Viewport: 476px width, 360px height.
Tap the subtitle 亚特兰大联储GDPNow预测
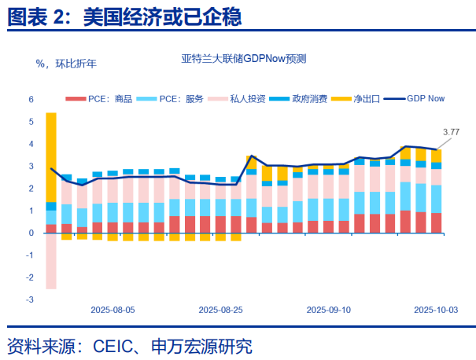click(243, 60)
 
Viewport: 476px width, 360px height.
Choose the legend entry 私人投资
click(248, 99)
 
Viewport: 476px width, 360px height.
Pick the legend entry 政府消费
click(309, 99)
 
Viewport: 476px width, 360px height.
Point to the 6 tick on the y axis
click(31, 100)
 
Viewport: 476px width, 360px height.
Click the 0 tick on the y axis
click(31, 233)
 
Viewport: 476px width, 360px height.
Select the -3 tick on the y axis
click(30, 299)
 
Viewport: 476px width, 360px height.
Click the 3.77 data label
click(451, 131)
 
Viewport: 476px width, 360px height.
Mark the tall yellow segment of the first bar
click(51, 157)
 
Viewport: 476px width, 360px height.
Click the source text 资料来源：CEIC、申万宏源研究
click(130, 345)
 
